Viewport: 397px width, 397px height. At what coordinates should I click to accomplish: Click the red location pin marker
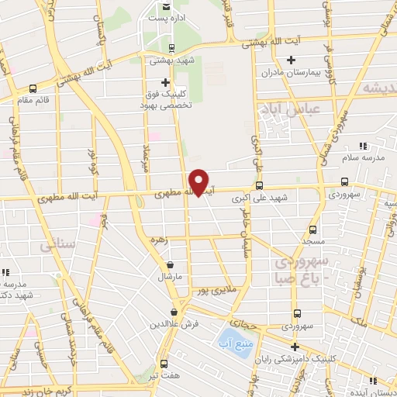(x=199, y=182)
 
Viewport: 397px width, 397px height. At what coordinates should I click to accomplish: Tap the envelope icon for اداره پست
(x=166, y=8)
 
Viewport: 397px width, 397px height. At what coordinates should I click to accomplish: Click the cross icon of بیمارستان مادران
(x=291, y=60)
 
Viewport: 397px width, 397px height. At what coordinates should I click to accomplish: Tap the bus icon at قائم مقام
(x=32, y=88)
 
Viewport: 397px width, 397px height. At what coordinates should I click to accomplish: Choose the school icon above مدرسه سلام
(x=362, y=145)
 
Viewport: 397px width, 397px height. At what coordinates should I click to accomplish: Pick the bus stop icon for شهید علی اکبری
(x=259, y=185)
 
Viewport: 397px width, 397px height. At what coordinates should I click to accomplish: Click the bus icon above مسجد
(x=312, y=230)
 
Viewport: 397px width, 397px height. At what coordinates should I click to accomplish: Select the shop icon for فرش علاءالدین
(x=182, y=311)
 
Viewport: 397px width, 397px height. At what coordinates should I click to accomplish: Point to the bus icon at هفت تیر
(x=163, y=363)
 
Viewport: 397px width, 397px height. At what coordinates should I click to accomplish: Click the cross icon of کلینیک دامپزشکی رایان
(x=293, y=347)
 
